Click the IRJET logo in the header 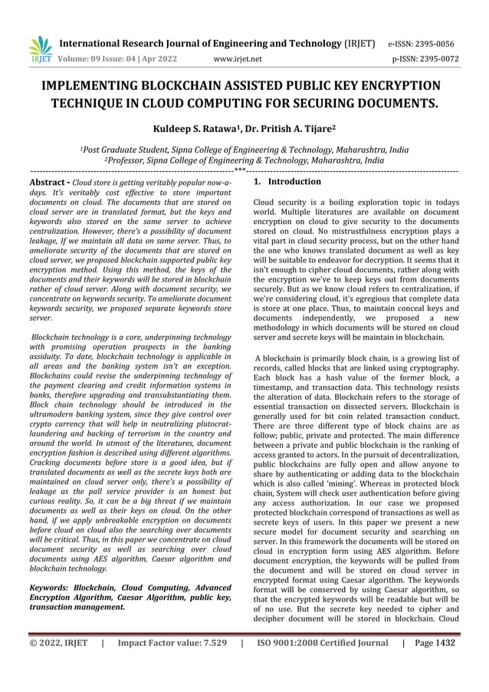coord(40,48)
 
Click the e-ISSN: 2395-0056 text coord(419,44)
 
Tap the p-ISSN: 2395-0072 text coord(419,58)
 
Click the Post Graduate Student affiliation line coord(244,150)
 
